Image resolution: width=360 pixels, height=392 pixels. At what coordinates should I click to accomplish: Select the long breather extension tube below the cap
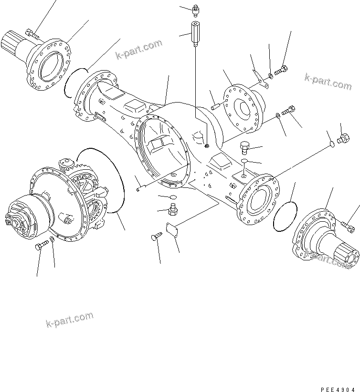[195, 34]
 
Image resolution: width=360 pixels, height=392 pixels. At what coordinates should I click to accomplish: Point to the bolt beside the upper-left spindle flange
[32, 33]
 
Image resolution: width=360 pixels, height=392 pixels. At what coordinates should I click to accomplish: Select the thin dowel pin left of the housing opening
[139, 188]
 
